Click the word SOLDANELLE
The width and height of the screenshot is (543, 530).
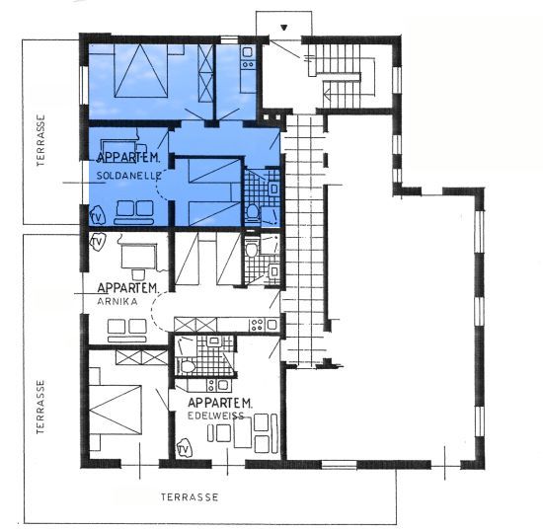pos(128,176)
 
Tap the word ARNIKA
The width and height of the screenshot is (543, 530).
pos(117,302)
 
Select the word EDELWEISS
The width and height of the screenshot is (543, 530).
pos(216,416)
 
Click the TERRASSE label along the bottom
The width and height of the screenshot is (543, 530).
pos(190,497)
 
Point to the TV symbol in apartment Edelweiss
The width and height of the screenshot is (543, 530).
pos(184,449)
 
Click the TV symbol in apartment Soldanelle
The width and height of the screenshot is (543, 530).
pos(98,216)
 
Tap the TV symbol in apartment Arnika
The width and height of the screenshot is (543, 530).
pos(98,242)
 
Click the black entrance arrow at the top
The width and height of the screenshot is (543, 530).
pos(284,28)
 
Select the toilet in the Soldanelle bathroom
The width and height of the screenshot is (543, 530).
pos(253,212)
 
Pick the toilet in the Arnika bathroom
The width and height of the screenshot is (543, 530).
pos(251,248)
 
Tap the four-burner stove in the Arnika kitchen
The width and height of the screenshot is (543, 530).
pos(257,325)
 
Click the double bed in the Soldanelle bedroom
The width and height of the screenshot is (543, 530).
pos(140,70)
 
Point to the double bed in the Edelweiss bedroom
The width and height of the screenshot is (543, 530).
pos(116,410)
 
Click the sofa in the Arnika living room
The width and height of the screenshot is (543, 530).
pos(126,331)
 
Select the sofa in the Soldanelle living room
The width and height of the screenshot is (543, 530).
pos(134,212)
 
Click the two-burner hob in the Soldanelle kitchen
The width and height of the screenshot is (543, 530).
pos(248,64)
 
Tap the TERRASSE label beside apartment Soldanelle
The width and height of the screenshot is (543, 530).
pos(40,140)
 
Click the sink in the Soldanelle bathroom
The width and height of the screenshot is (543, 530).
pos(273,189)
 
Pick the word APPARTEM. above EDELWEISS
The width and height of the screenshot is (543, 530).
pos(220,403)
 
